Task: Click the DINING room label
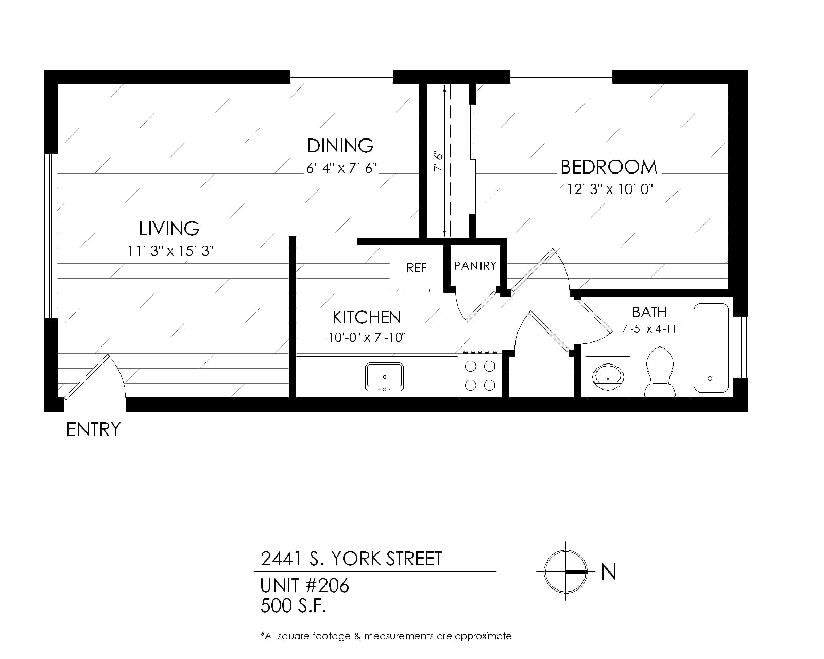click(339, 146)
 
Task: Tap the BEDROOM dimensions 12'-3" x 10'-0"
click(609, 189)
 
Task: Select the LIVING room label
click(169, 229)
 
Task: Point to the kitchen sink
click(384, 377)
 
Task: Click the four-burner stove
click(480, 375)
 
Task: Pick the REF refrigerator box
click(417, 268)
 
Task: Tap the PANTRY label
click(475, 266)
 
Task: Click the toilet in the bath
click(660, 372)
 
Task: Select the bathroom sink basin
click(608, 377)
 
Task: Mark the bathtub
click(711, 348)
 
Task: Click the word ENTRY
click(93, 429)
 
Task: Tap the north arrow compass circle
click(565, 571)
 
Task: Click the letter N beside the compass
click(608, 571)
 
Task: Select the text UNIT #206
click(304, 585)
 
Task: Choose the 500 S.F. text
click(294, 605)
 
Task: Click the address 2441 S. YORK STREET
click(351, 559)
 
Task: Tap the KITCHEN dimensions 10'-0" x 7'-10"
click(367, 337)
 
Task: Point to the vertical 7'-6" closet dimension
click(438, 162)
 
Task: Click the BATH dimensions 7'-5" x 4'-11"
click(651, 329)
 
